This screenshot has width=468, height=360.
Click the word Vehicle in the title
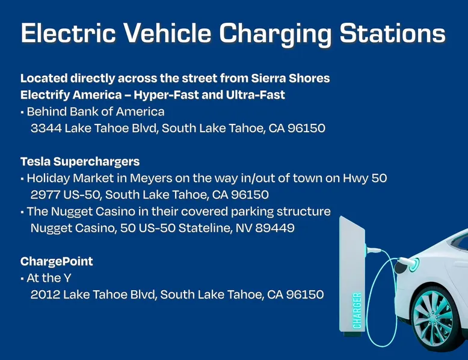click(x=167, y=33)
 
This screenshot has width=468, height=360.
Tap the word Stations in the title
click(x=392, y=33)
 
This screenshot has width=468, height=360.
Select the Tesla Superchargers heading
click(x=80, y=162)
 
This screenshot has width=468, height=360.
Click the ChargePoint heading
click(x=57, y=261)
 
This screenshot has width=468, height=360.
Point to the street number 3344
click(x=46, y=128)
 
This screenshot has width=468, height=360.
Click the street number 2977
click(x=45, y=195)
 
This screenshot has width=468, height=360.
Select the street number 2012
click(x=45, y=294)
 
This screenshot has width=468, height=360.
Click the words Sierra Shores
click(x=291, y=78)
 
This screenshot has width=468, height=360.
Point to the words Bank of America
click(x=117, y=112)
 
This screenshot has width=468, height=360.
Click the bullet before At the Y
click(x=22, y=279)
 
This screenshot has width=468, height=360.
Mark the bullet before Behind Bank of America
click(x=22, y=112)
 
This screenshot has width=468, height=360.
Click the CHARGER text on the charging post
click(x=357, y=311)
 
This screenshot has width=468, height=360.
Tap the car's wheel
click(x=435, y=319)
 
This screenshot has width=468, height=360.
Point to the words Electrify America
click(x=71, y=95)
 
